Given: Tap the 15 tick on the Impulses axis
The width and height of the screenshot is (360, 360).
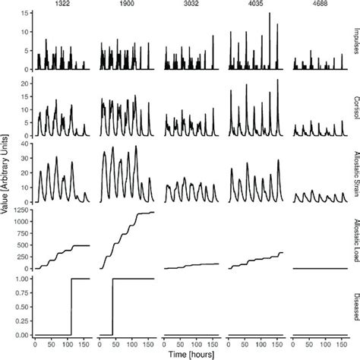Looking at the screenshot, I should (24, 14).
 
